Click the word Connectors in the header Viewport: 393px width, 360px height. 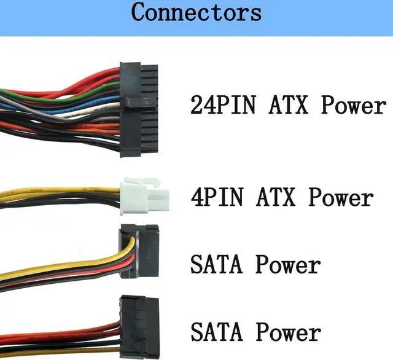point(196,12)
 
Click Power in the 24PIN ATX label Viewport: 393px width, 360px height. point(354,104)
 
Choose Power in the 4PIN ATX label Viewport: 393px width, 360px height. point(340,198)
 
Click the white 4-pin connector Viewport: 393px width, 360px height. point(141,196)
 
